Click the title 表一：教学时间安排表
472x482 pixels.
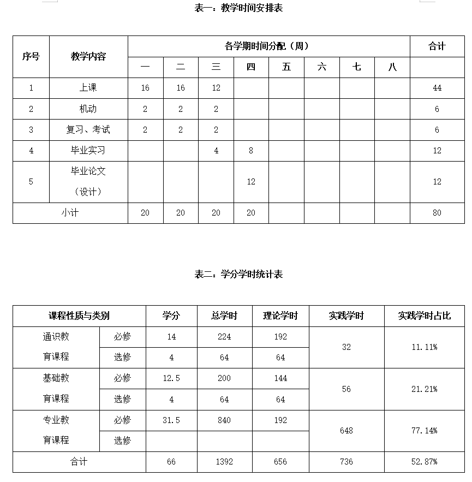tap(238, 8)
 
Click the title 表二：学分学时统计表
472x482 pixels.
tap(238, 274)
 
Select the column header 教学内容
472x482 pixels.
tap(88, 57)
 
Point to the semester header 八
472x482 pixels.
tap(392, 67)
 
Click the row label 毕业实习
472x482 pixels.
tap(88, 151)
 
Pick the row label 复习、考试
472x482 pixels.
tap(88, 130)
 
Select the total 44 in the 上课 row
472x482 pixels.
tap(437, 88)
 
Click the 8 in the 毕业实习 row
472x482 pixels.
tap(251, 151)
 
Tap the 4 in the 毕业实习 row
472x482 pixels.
tap(216, 151)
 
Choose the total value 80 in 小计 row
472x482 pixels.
tap(437, 213)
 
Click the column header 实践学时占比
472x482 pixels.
tap(424, 316)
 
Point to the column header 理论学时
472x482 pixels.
tap(280, 316)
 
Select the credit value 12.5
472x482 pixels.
tap(171, 378)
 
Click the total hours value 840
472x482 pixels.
tap(224, 420)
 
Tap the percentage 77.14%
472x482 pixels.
tap(424, 431)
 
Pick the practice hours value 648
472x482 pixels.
tap(346, 431)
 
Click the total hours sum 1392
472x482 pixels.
tap(224, 462)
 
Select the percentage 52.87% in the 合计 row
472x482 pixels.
tap(424, 462)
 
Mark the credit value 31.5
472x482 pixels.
tap(171, 420)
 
